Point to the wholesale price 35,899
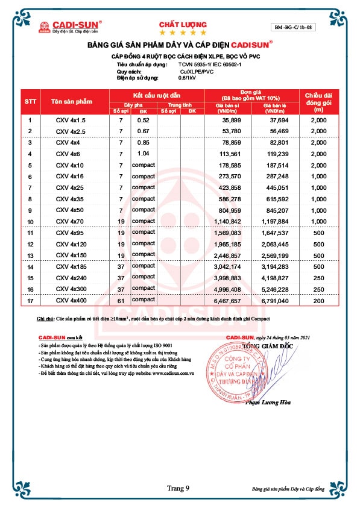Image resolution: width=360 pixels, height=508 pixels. coord(229,120)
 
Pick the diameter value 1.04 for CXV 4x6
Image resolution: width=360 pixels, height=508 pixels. coord(143,154)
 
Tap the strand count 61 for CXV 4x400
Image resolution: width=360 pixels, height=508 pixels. coord(121,299)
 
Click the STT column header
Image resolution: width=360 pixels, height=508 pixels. coord(30,102)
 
